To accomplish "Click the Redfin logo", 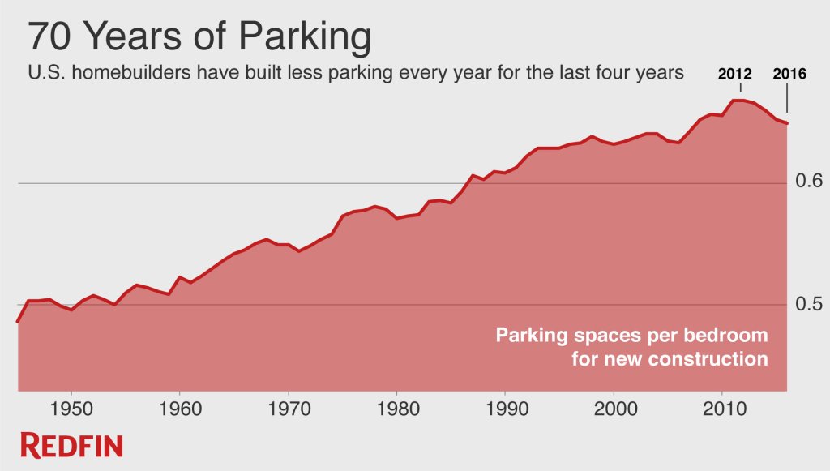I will point(72,445).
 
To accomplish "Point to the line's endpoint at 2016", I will point(787,123).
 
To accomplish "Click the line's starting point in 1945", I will point(18,322).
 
